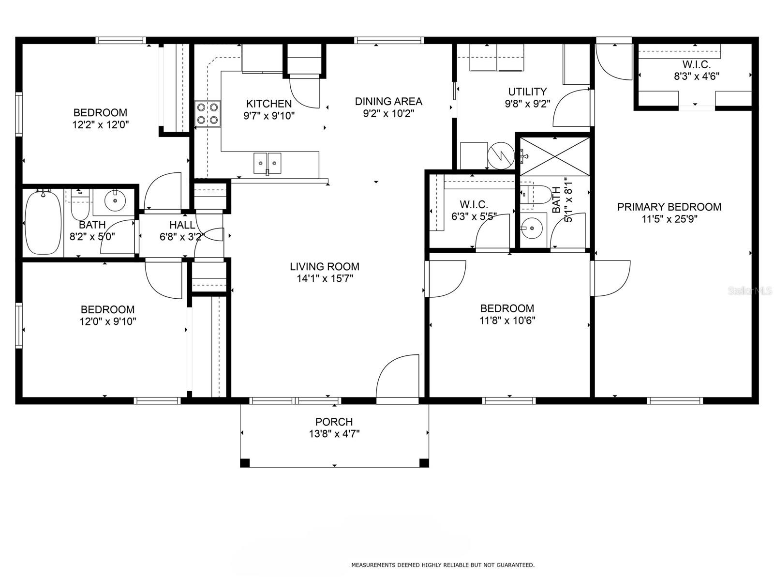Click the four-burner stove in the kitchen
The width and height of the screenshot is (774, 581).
(x=208, y=114)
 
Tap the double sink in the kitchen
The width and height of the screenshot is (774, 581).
(x=268, y=163)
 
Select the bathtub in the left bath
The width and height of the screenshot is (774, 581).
(x=44, y=222)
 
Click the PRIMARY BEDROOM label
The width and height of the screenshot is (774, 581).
(x=670, y=207)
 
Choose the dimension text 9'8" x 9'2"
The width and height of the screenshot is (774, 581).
(x=527, y=104)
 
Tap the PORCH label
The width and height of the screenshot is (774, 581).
(x=334, y=422)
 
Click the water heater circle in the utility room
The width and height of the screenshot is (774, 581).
(x=501, y=155)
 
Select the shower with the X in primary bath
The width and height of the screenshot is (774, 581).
(x=555, y=156)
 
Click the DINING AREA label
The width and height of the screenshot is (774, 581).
(x=388, y=102)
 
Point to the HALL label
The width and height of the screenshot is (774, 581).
(x=182, y=225)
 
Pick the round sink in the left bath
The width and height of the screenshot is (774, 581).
(x=115, y=201)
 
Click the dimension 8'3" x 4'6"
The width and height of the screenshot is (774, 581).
(x=697, y=76)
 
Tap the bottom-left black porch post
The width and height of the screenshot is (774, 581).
(x=245, y=463)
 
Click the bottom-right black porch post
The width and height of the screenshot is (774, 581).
(x=424, y=463)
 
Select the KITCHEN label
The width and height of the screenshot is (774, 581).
(x=268, y=104)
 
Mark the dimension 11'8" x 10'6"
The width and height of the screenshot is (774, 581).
(x=507, y=321)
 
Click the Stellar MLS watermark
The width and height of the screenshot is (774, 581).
(x=750, y=291)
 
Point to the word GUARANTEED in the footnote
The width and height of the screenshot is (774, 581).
(x=515, y=565)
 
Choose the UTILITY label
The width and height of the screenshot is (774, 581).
(x=527, y=92)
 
